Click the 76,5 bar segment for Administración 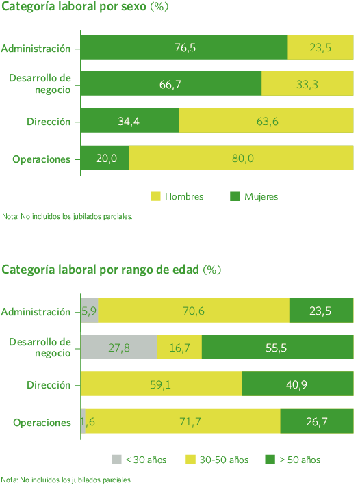coord(184,48)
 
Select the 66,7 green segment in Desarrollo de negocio coord(171,84)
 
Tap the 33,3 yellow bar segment coord(307,84)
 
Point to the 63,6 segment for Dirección coord(266,122)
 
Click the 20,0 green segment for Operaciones coord(105,159)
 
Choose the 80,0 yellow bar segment coord(241,159)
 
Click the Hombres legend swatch coord(156,196)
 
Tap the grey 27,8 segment coord(119,348)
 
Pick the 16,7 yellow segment coord(179,348)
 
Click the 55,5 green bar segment coord(277,348)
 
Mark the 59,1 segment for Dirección coord(162,384)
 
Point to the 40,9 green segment coord(297,384)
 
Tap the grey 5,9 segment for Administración coord(89,311)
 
